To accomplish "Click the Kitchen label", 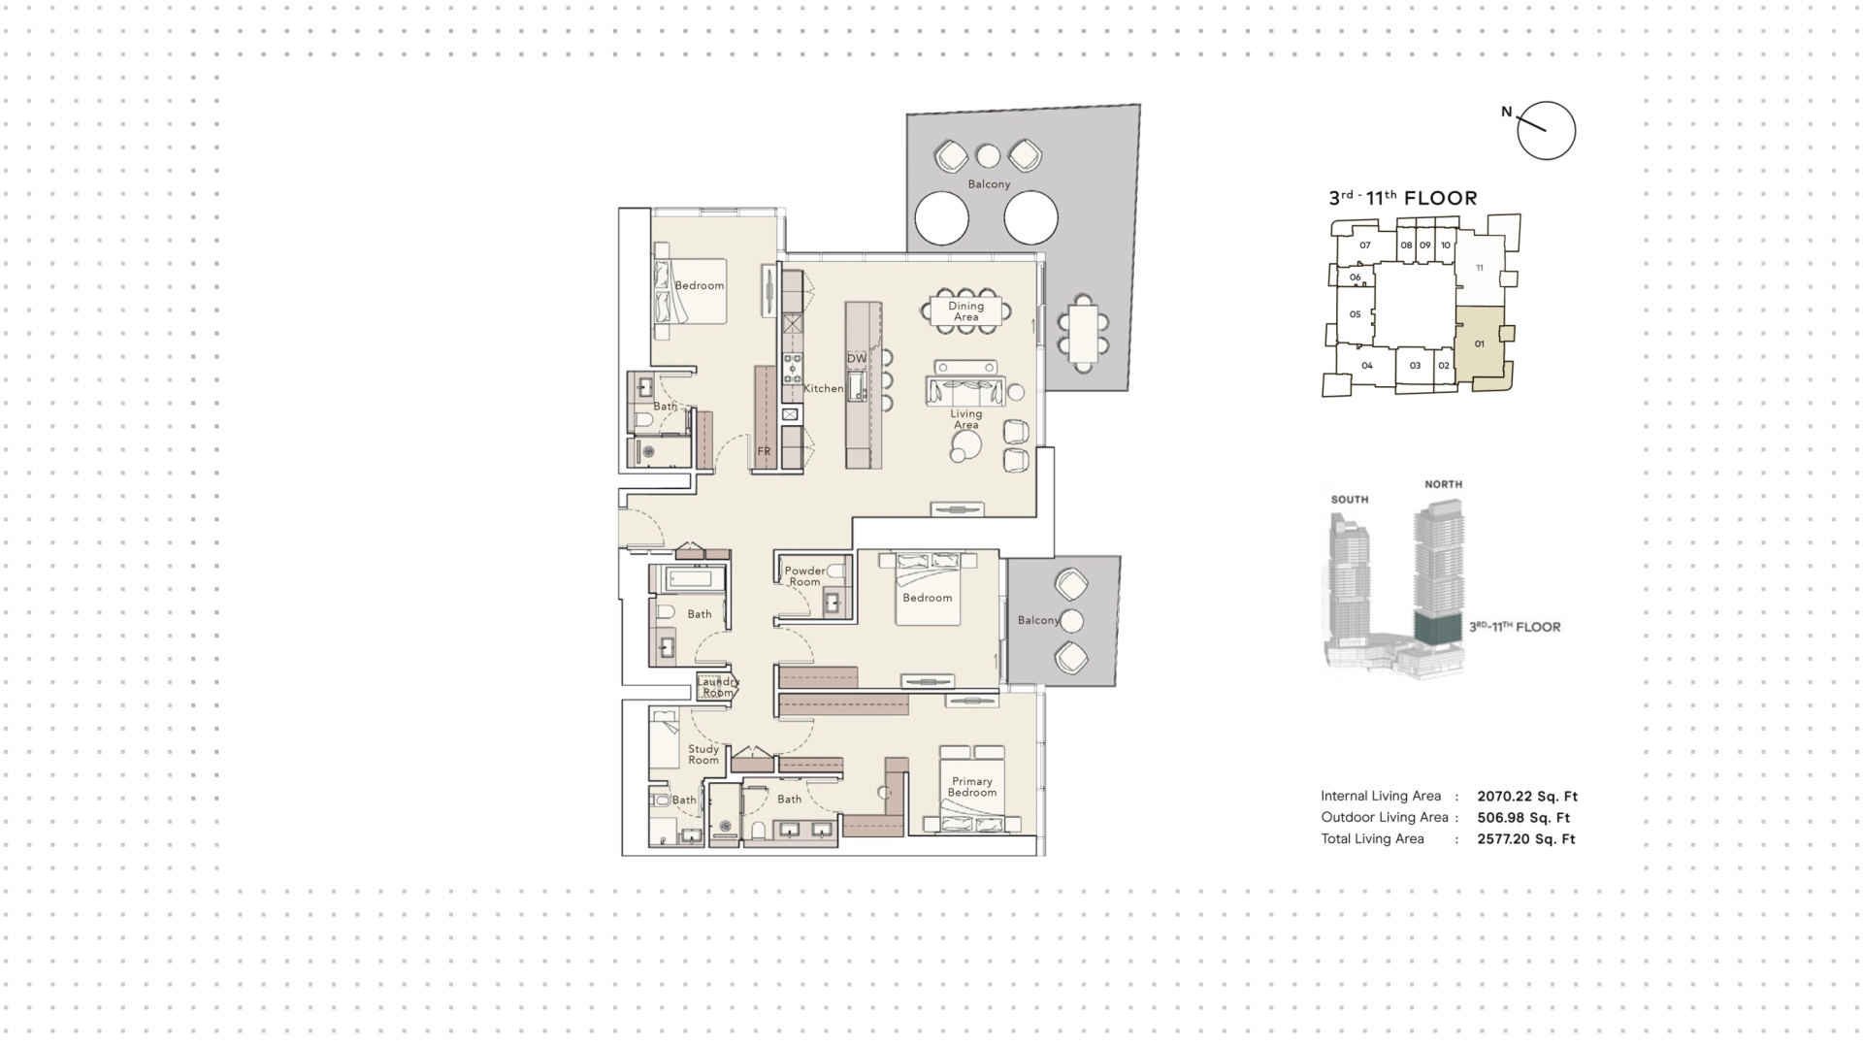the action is coord(823,388).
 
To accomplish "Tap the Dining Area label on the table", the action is coord(965,311).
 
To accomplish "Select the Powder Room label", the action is coord(804,576).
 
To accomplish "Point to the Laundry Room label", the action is coord(718,687).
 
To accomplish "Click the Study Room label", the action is coord(703,754).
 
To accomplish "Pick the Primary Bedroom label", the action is coord(972,787).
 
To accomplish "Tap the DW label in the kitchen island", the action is coord(857,358).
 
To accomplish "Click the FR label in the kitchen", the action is coord(764,451).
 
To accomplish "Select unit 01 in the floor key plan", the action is coord(1479,343).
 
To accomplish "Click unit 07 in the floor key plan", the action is coord(1364,245).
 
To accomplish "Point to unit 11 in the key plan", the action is coord(1479,268).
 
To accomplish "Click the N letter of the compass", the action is coord(1507,112).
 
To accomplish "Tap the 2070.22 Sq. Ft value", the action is coord(1527,797).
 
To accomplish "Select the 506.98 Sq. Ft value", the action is coord(1523,818).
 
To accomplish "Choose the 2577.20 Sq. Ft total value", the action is coord(1526,839).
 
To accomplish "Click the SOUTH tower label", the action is coord(1350,500).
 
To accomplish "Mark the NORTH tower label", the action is coord(1443,484).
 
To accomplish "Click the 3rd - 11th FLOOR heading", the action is coord(1403,198).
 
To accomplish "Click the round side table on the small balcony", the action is coord(1071,621).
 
